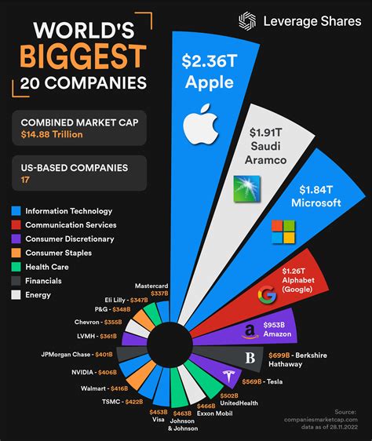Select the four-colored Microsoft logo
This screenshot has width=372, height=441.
[283, 232]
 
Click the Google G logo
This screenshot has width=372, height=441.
[268, 295]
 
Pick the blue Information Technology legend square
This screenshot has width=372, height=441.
[16, 211]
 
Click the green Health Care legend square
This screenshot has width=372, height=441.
[16, 267]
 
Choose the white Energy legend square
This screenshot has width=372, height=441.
[16, 295]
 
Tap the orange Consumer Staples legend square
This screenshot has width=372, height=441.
[16, 253]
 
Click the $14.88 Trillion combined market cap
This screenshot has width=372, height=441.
[51, 134]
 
